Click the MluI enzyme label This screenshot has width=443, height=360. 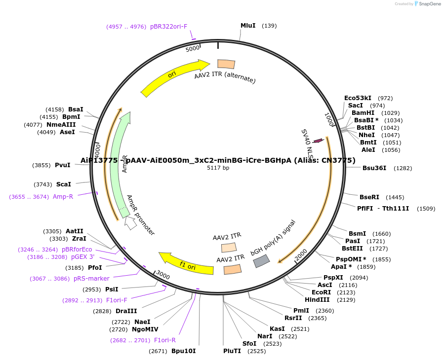coord(248,25)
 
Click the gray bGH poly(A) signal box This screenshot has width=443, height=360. coord(261,261)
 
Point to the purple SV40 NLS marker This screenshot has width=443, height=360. coord(318,141)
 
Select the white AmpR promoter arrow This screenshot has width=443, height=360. coord(130,223)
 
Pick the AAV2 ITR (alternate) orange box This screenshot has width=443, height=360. coord(226,64)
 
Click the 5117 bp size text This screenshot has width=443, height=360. coord(218,168)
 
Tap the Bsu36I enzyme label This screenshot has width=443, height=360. coord(374,168)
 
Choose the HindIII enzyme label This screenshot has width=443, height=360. coord(318,300)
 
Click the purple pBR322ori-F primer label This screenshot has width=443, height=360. coord(168,27)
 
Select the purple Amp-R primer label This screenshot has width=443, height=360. coord(63,197)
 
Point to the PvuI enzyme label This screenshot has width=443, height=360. coord(63,165)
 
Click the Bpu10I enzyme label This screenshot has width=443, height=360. coord(183,351)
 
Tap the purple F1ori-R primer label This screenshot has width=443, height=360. coord(165,340)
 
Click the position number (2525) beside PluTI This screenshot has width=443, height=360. coord(257,351)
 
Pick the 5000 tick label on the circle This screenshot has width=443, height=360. coord(192,48)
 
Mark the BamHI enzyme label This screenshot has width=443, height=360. coord(363,113)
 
